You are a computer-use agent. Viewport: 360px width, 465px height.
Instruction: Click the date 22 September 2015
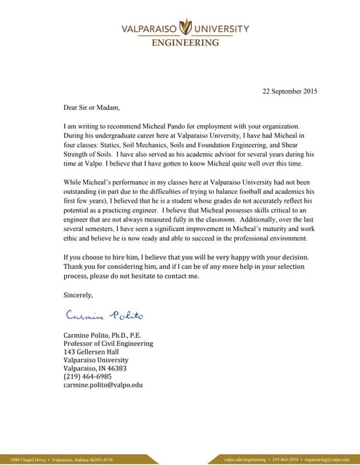(289, 92)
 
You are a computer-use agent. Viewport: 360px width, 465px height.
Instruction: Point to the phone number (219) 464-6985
(88, 376)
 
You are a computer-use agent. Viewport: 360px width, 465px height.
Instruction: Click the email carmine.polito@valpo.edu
(103, 385)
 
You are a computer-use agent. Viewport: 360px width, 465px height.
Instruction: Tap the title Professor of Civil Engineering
(108, 343)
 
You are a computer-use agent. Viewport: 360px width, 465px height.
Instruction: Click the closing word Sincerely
(79, 295)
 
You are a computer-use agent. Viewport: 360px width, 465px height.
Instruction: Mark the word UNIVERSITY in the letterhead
(221, 30)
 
